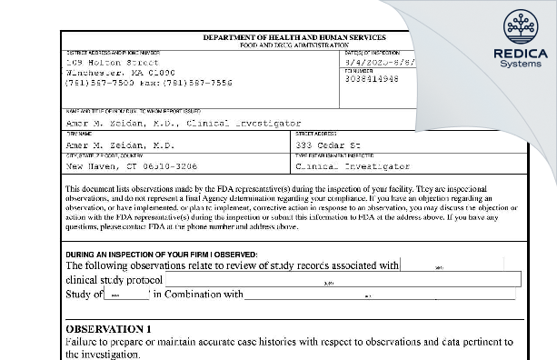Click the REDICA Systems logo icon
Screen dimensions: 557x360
tap(519, 26)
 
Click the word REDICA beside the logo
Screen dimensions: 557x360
tap(519, 54)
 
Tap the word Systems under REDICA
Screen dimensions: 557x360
tap(519, 65)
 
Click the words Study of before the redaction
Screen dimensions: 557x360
tap(83, 295)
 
